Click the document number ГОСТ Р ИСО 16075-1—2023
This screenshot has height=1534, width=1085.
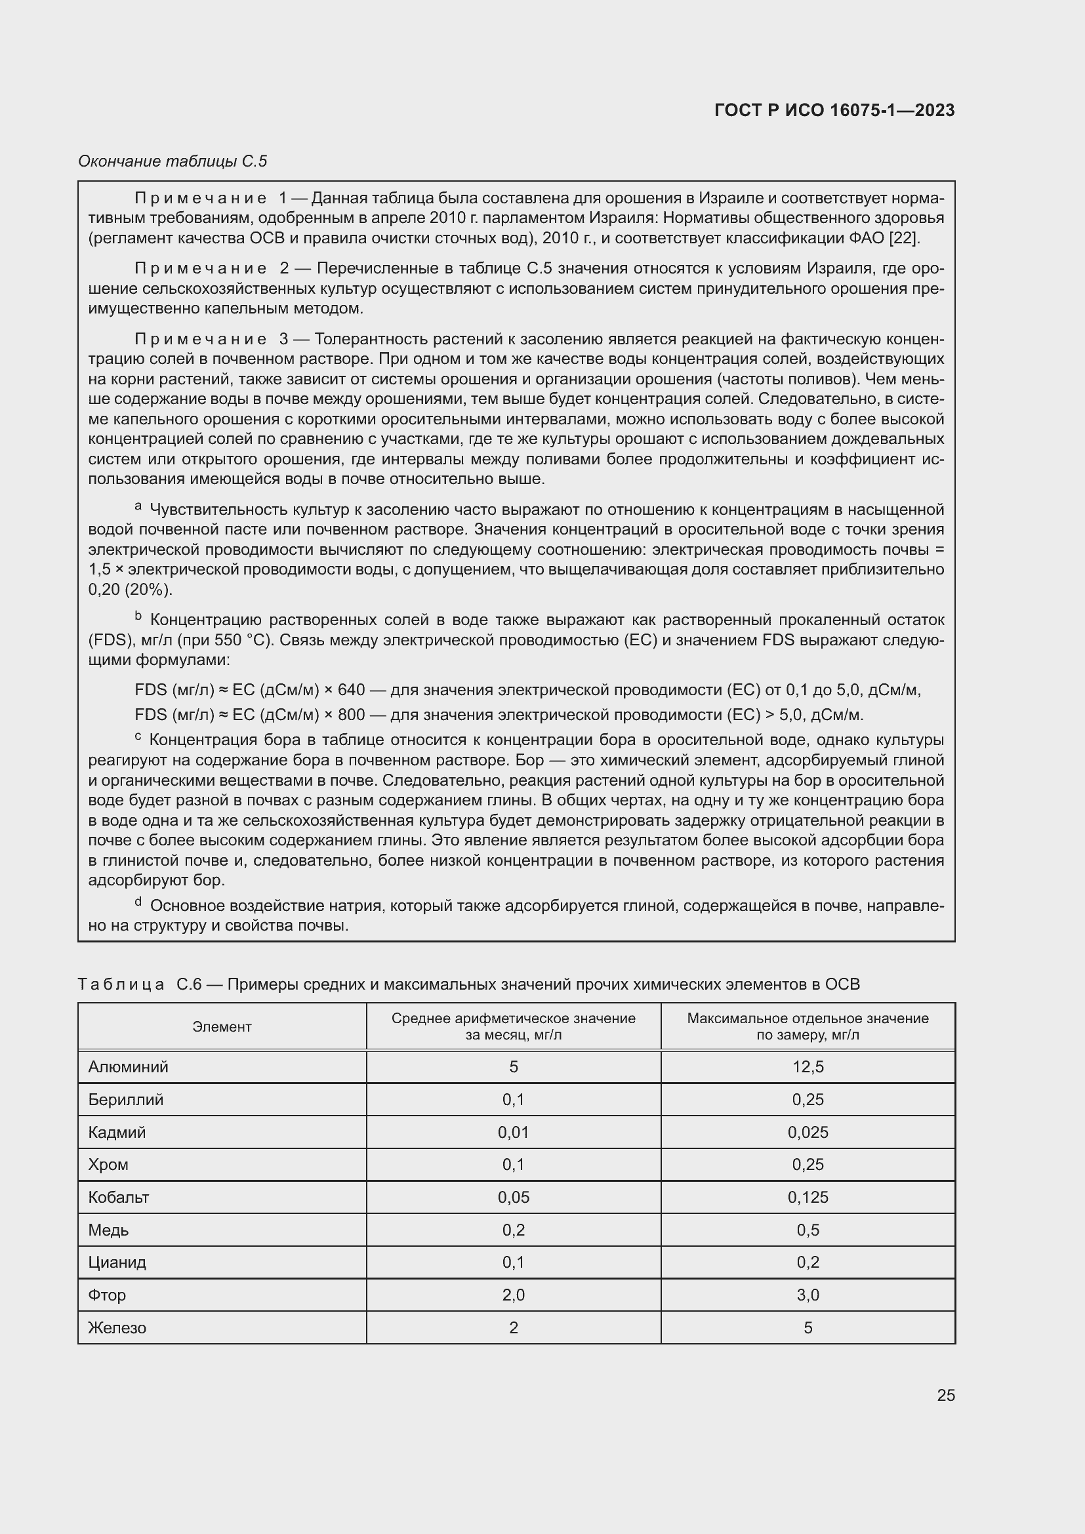tap(834, 110)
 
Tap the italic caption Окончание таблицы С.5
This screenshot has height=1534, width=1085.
tap(173, 161)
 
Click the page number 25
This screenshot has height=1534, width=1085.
tap(945, 1395)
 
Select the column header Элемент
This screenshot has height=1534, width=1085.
tap(222, 1027)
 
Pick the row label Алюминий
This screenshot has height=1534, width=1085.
tap(129, 1067)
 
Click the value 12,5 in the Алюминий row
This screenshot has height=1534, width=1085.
tap(808, 1067)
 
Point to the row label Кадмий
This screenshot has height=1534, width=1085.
tap(117, 1133)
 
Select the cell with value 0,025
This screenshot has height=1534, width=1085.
tap(808, 1133)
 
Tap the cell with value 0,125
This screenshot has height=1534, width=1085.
tap(808, 1198)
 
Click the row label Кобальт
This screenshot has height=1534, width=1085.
tap(119, 1198)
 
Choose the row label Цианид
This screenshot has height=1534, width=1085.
tap(117, 1262)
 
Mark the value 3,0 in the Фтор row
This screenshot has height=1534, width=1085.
tap(808, 1295)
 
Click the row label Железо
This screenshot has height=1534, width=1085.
tap(117, 1327)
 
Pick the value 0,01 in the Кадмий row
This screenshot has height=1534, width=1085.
tap(513, 1133)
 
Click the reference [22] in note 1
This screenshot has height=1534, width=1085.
tap(903, 238)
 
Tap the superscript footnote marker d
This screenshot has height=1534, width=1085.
tap(138, 902)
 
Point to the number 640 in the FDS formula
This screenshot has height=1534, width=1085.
tap(352, 690)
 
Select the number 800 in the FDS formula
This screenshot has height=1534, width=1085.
tap(352, 715)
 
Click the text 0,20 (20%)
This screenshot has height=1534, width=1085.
tap(131, 590)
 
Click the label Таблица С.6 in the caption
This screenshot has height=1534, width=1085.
tap(140, 984)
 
